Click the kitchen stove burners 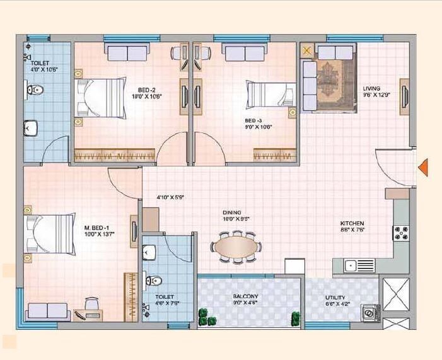[x=401, y=233]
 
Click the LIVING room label [x=371, y=88]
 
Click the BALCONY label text [x=245, y=296]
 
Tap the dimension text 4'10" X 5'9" [x=170, y=197]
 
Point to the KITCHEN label [x=352, y=224]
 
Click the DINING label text [x=231, y=213]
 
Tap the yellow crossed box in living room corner [x=307, y=50]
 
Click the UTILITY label [x=335, y=298]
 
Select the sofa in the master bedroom [x=48, y=311]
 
